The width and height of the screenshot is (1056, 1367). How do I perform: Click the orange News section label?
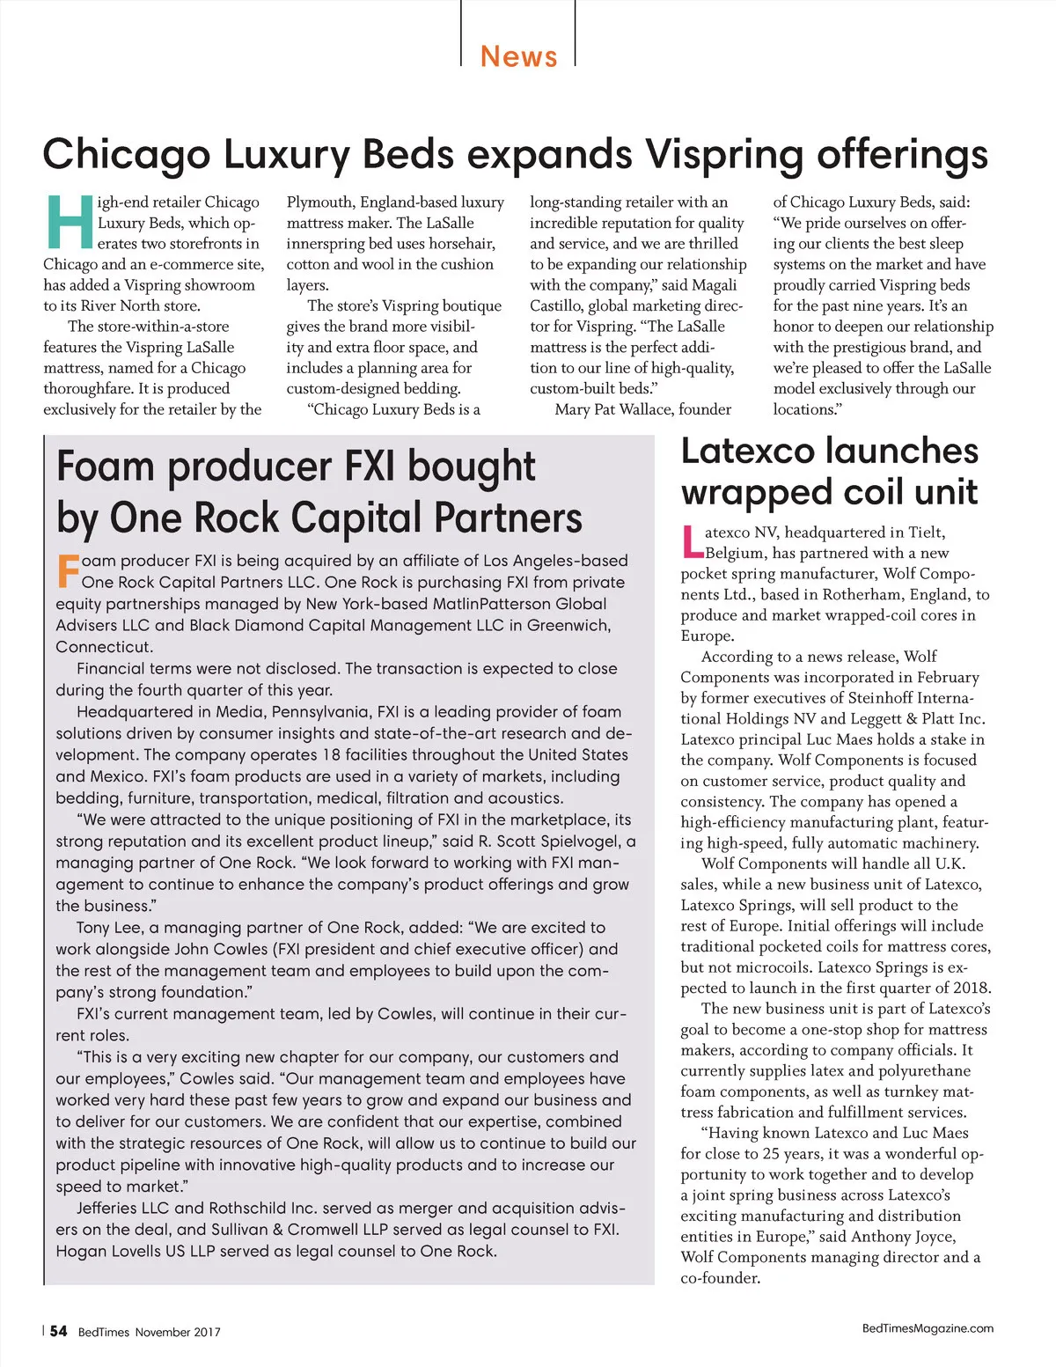(518, 56)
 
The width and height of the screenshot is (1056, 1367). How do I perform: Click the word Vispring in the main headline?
(724, 154)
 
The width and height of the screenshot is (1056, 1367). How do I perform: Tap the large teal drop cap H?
(68, 221)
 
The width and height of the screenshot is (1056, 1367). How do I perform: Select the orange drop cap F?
(67, 570)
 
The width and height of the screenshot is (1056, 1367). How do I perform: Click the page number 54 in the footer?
(58, 1331)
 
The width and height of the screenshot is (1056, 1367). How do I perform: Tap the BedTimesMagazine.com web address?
(928, 1328)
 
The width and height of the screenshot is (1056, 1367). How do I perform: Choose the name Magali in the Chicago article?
(714, 285)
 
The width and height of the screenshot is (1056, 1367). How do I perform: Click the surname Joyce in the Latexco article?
(934, 1237)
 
